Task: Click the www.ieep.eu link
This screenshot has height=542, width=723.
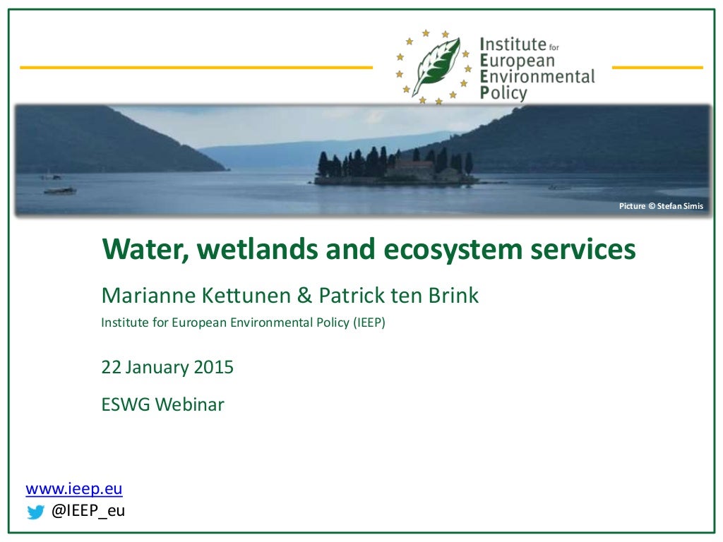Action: [74, 489]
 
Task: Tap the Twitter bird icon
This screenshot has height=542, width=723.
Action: [35, 512]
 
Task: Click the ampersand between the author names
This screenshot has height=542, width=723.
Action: [304, 295]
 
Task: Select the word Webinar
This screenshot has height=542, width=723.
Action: [190, 404]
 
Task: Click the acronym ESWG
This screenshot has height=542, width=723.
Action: [126, 404]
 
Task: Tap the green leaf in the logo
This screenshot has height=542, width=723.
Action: [436, 67]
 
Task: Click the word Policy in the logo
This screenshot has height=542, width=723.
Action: [503, 92]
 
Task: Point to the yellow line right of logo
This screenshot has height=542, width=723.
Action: [657, 68]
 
